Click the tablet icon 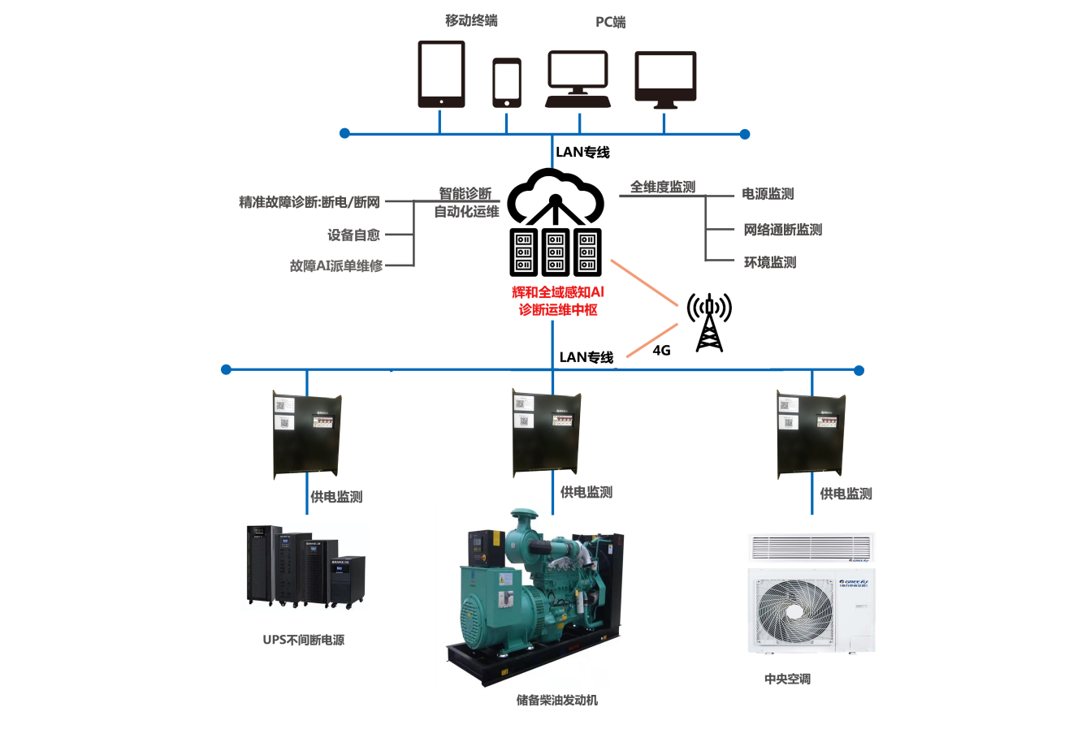pos(441,74)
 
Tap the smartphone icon pos(507,83)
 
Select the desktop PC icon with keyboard pos(578,80)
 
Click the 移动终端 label pos(471,20)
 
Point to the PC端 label pos(611,22)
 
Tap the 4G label pos(662,351)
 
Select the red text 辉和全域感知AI pos(558,292)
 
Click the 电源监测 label pos(768,194)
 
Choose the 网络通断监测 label pos(783,230)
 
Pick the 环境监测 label pos(770,262)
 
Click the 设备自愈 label pos(353,235)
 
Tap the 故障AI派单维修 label pos(336,265)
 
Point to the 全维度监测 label pos(663,187)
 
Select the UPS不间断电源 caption pos(304,640)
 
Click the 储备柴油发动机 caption pos(557,700)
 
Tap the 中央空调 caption pos(787,679)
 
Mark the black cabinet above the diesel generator pos(546,434)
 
